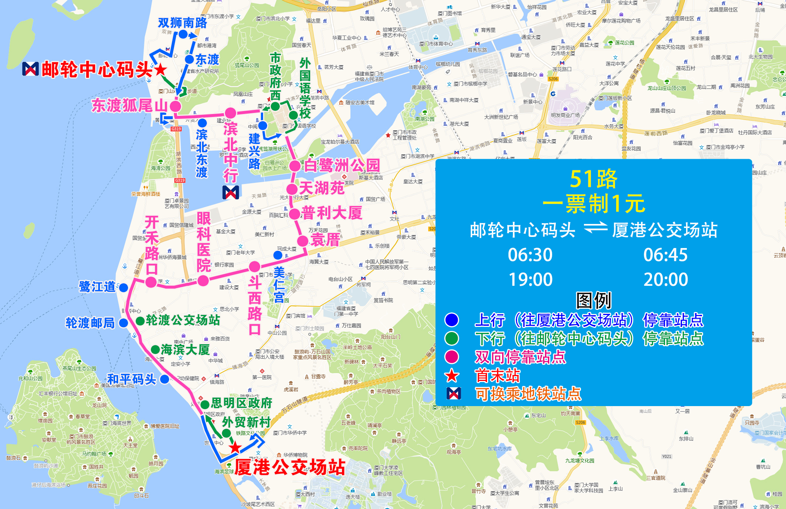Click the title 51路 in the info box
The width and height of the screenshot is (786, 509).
[593, 179]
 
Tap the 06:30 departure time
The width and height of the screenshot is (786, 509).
[530, 255]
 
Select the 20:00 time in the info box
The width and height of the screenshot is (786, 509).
[665, 279]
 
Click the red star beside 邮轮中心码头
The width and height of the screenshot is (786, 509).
[160, 70]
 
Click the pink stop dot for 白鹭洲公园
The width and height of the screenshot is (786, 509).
[295, 166]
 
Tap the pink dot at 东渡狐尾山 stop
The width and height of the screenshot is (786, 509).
[175, 107]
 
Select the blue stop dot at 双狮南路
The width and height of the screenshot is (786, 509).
[183, 34]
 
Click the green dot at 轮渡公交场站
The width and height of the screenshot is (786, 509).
[140, 321]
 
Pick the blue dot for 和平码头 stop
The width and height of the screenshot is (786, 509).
[165, 379]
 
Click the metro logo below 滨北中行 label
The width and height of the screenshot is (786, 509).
[231, 192]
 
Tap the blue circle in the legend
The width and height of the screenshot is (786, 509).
[452, 320]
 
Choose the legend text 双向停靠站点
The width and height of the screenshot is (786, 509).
[520, 357]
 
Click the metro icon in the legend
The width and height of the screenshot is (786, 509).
[454, 394]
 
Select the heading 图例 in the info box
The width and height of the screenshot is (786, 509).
[594, 300]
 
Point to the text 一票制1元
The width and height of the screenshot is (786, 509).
[594, 204]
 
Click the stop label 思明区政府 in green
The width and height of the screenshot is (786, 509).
[241, 403]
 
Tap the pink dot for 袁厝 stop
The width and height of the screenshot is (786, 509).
[303, 241]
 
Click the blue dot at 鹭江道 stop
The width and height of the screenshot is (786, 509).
[124, 287]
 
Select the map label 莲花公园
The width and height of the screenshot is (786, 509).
[624, 43]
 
